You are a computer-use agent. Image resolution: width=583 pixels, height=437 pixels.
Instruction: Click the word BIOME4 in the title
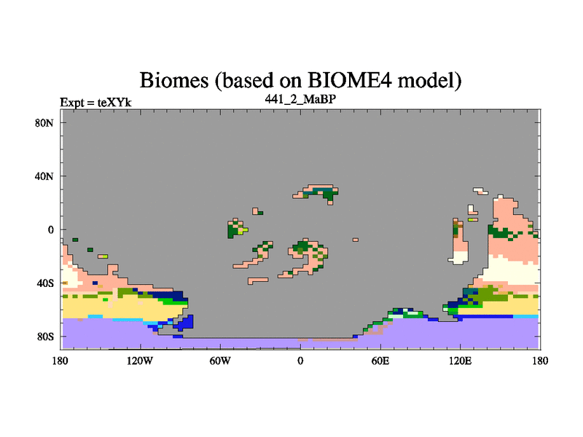click(350, 80)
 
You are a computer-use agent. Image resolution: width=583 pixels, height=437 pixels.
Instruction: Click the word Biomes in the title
click(174, 80)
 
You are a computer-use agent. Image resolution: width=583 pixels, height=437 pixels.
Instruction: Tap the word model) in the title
click(429, 81)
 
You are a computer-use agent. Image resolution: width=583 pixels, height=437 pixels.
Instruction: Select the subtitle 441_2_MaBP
click(300, 99)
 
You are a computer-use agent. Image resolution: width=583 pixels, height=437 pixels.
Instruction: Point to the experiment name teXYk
click(114, 102)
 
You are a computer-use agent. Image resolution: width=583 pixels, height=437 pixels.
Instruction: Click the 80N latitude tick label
click(44, 123)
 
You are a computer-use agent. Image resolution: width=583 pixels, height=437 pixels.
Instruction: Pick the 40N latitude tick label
click(44, 176)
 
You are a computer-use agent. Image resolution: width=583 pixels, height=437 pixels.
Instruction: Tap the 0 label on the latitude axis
click(50, 229)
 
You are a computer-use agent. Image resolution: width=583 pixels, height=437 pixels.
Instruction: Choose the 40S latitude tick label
click(45, 283)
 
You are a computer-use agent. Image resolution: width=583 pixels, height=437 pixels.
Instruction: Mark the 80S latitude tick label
click(45, 336)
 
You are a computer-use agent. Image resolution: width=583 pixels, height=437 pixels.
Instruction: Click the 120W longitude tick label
click(140, 361)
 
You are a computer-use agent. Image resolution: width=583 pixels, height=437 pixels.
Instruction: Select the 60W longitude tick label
click(220, 361)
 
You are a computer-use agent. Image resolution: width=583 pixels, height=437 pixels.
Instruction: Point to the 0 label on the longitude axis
click(300, 361)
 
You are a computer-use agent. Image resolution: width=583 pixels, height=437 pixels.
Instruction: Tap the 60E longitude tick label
click(380, 361)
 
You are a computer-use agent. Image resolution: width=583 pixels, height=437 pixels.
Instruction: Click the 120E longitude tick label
click(461, 361)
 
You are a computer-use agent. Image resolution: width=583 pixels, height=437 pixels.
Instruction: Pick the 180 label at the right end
click(540, 361)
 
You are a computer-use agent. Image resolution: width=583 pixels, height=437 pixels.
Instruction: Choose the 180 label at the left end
click(60, 361)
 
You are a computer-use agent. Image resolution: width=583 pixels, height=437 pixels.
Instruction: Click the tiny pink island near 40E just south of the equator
click(356, 240)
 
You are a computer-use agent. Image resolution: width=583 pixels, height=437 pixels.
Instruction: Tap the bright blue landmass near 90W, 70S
click(184, 323)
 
